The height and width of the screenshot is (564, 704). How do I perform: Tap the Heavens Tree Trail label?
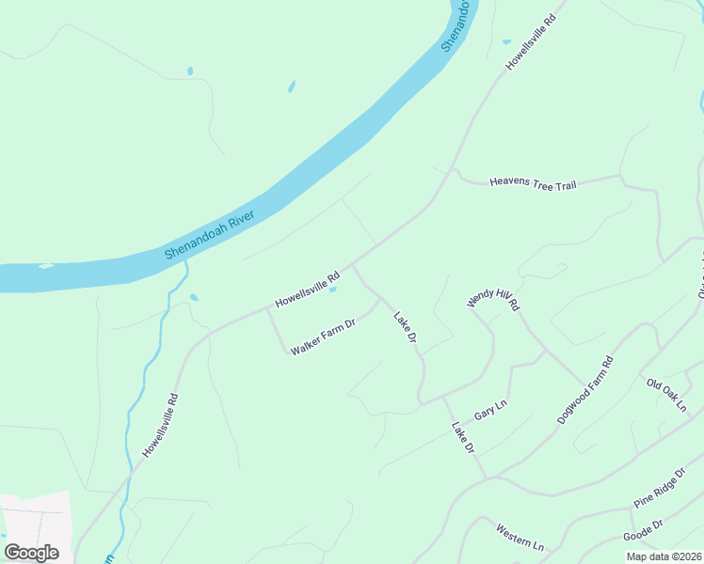533,181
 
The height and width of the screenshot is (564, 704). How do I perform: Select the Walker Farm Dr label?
322,337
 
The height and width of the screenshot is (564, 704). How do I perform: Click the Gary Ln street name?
490,411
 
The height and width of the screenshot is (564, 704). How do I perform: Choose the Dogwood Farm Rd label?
584,389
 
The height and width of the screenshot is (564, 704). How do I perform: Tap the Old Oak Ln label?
667,394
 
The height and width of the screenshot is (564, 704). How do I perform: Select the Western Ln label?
520,538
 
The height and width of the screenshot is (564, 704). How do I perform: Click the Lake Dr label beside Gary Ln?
462,438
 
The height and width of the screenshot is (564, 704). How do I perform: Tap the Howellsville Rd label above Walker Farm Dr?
307,290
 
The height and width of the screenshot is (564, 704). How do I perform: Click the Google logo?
31,552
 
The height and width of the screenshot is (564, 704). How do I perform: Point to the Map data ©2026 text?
664,556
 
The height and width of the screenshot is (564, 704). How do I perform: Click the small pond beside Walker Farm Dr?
332,290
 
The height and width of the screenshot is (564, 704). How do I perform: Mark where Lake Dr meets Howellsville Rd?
352,265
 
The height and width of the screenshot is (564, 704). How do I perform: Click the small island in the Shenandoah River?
45,266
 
